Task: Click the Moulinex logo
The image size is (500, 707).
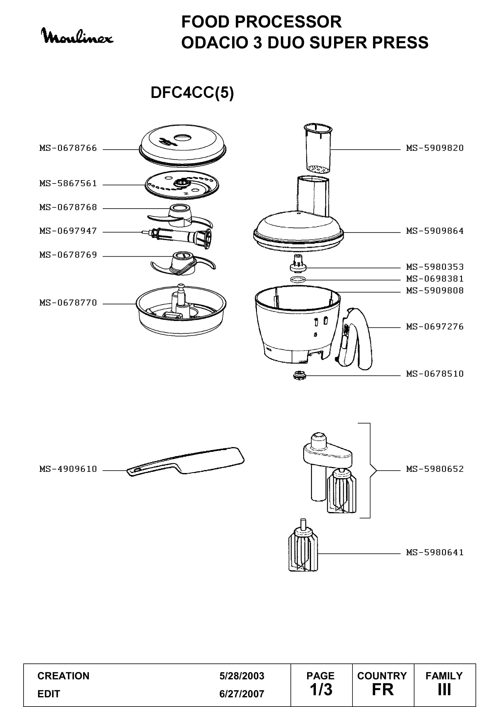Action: click(x=77, y=36)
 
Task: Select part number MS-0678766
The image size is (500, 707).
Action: click(x=68, y=148)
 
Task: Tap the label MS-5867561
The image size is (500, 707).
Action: click(x=68, y=183)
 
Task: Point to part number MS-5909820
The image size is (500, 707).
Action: click(x=435, y=148)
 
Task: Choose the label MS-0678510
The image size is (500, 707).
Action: click(x=435, y=374)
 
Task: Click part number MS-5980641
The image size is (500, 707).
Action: click(x=435, y=553)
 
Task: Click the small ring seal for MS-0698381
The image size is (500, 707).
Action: click(x=298, y=280)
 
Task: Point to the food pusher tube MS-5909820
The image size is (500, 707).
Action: click(x=318, y=148)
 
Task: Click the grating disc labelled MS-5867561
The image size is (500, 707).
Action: click(x=182, y=185)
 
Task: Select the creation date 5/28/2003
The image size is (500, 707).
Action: click(x=242, y=676)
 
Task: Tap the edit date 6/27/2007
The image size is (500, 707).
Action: click(x=242, y=694)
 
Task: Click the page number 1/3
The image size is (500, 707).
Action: click(x=321, y=690)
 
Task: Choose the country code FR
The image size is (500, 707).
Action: click(x=383, y=690)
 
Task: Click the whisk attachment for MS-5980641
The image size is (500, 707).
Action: click(x=303, y=545)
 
